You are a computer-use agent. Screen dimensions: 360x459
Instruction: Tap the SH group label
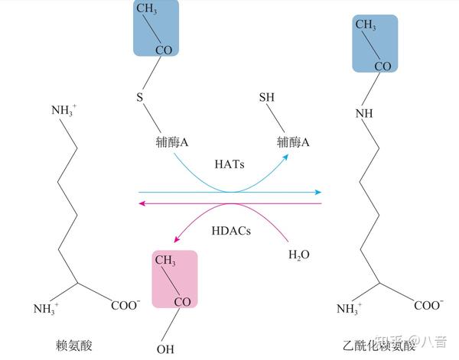[267, 98]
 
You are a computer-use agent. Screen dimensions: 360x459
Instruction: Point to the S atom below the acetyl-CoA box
[139, 98]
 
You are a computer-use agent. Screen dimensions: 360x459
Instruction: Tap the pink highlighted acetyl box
[175, 279]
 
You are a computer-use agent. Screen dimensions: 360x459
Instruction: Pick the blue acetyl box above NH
[375, 45]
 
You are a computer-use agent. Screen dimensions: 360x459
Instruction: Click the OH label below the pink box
[164, 350]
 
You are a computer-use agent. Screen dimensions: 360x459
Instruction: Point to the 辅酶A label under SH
[293, 142]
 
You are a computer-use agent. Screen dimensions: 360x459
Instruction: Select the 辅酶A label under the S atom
[173, 142]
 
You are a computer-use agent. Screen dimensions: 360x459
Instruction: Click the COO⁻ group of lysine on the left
[125, 305]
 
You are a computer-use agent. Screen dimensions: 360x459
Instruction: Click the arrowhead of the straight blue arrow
[318, 193]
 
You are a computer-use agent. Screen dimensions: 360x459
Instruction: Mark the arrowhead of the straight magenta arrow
[142, 203]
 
